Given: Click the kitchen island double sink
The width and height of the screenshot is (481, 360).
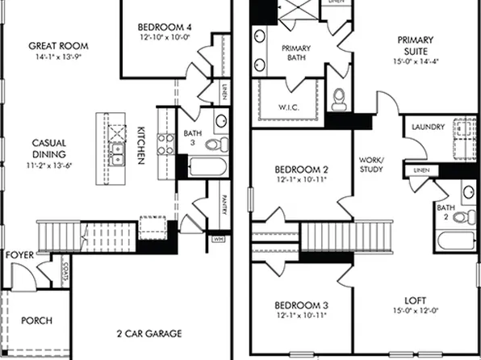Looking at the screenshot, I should click(x=117, y=153).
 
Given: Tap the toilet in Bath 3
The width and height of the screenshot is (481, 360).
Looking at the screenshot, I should click(x=215, y=144).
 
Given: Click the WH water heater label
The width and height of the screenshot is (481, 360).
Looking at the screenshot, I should click(x=218, y=239).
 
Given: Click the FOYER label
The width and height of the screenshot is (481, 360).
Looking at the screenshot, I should click(x=19, y=255).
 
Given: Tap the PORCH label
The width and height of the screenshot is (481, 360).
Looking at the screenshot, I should click(x=36, y=320).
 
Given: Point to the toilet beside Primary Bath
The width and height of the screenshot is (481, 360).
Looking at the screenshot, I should click(x=340, y=96).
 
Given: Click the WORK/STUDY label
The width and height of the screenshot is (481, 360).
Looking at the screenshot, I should click(x=371, y=165).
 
